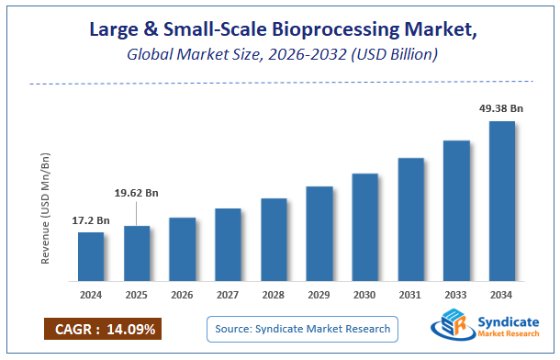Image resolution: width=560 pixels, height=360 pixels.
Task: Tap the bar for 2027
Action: point(228,244)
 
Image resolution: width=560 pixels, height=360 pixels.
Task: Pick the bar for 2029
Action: point(319,233)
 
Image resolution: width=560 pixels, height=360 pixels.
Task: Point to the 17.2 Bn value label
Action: point(91,221)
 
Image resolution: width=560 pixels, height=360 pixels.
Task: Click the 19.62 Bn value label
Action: point(136,193)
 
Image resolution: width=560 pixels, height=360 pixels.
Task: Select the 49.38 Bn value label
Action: point(501,107)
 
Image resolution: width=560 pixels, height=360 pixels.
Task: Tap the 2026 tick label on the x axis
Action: point(182,295)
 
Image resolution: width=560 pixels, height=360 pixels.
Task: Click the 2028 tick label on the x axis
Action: point(274,295)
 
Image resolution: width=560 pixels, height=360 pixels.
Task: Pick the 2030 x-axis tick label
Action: point(364,295)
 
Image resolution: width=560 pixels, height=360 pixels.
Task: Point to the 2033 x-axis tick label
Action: point(456,295)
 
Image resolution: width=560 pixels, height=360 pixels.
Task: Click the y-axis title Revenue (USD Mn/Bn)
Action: point(45,208)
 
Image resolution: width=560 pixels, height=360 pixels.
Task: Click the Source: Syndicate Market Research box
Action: point(302,328)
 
